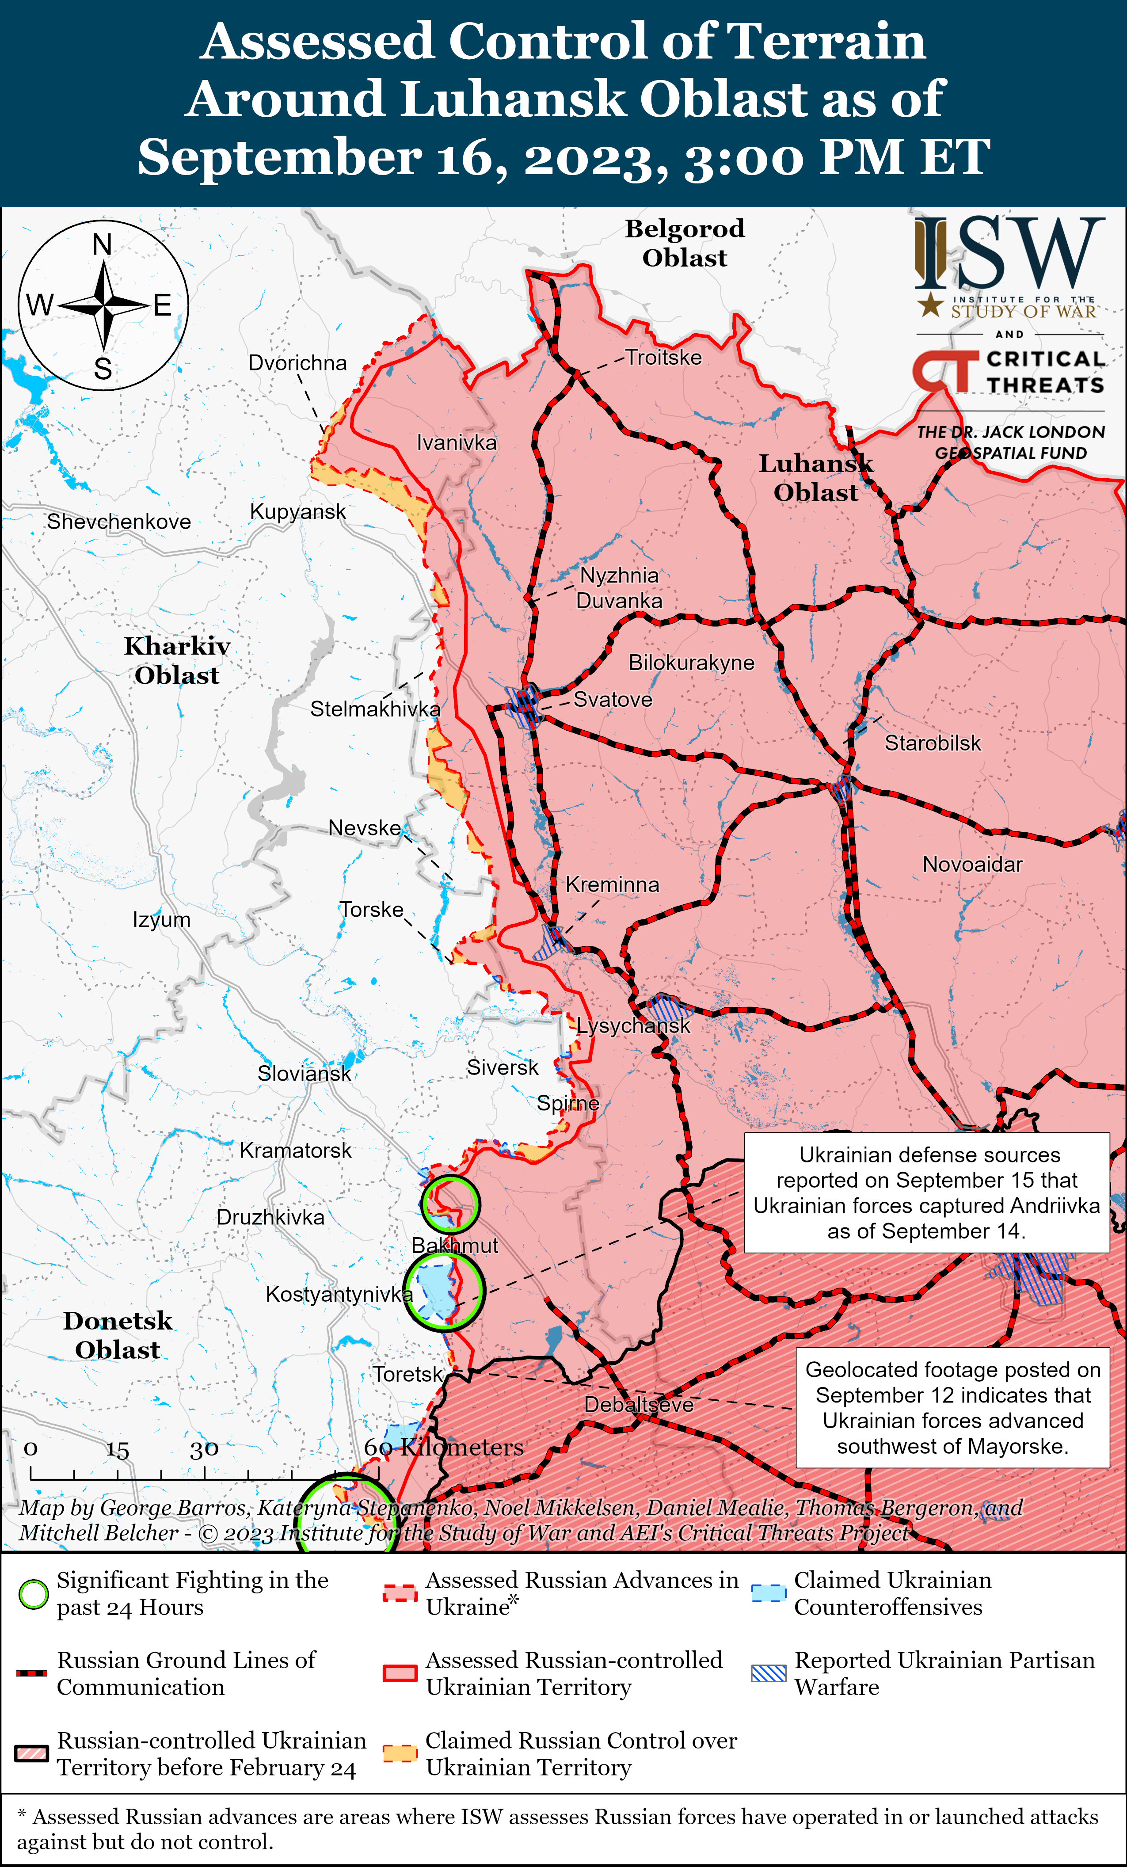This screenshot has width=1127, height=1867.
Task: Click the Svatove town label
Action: pyautogui.click(x=612, y=699)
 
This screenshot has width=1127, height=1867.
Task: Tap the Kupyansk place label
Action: pyautogui.click(x=297, y=512)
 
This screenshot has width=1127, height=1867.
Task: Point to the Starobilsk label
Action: pyautogui.click(x=933, y=743)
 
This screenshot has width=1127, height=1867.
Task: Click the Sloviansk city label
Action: pyautogui.click(x=304, y=1074)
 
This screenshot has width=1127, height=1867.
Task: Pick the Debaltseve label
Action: pyautogui.click(x=639, y=1405)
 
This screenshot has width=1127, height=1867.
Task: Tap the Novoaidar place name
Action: pyautogui.click(x=972, y=865)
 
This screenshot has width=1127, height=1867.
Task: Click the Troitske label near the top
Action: pyautogui.click(x=663, y=358)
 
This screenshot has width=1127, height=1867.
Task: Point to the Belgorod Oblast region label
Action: pyautogui.click(x=684, y=243)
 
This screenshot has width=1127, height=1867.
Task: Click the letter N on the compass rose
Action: pyautogui.click(x=102, y=245)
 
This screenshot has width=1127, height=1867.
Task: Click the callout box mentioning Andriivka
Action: pyautogui.click(x=926, y=1193)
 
